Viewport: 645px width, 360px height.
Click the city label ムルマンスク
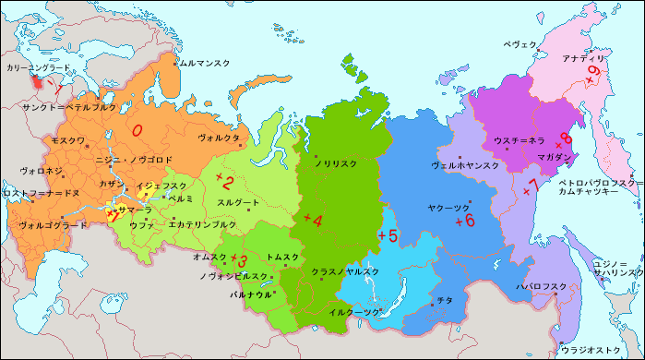click(x=204, y=63)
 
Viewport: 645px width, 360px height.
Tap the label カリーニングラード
click(x=38, y=68)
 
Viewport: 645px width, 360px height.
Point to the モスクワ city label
click(x=67, y=140)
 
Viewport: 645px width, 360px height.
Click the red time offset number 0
click(x=137, y=131)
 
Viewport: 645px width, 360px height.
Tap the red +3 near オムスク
click(x=239, y=260)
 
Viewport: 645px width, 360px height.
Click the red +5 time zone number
click(x=388, y=236)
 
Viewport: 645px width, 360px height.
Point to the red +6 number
click(x=464, y=221)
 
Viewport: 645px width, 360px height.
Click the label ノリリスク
click(x=336, y=163)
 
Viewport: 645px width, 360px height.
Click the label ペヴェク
click(x=520, y=43)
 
